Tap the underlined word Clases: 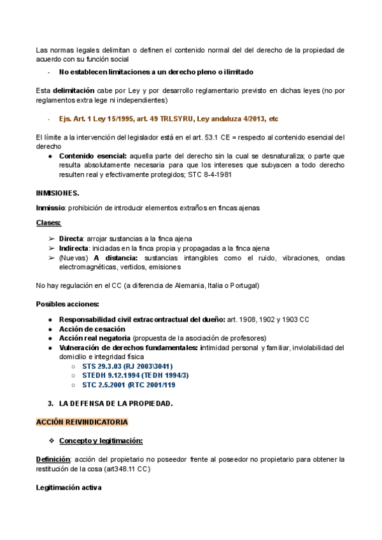coord(48,223)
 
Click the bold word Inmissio coord(50,208)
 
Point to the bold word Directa coord(71,238)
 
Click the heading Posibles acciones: coord(67,303)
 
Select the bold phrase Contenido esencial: coord(93,155)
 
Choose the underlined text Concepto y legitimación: coord(101,441)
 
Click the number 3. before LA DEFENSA coord(51,404)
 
